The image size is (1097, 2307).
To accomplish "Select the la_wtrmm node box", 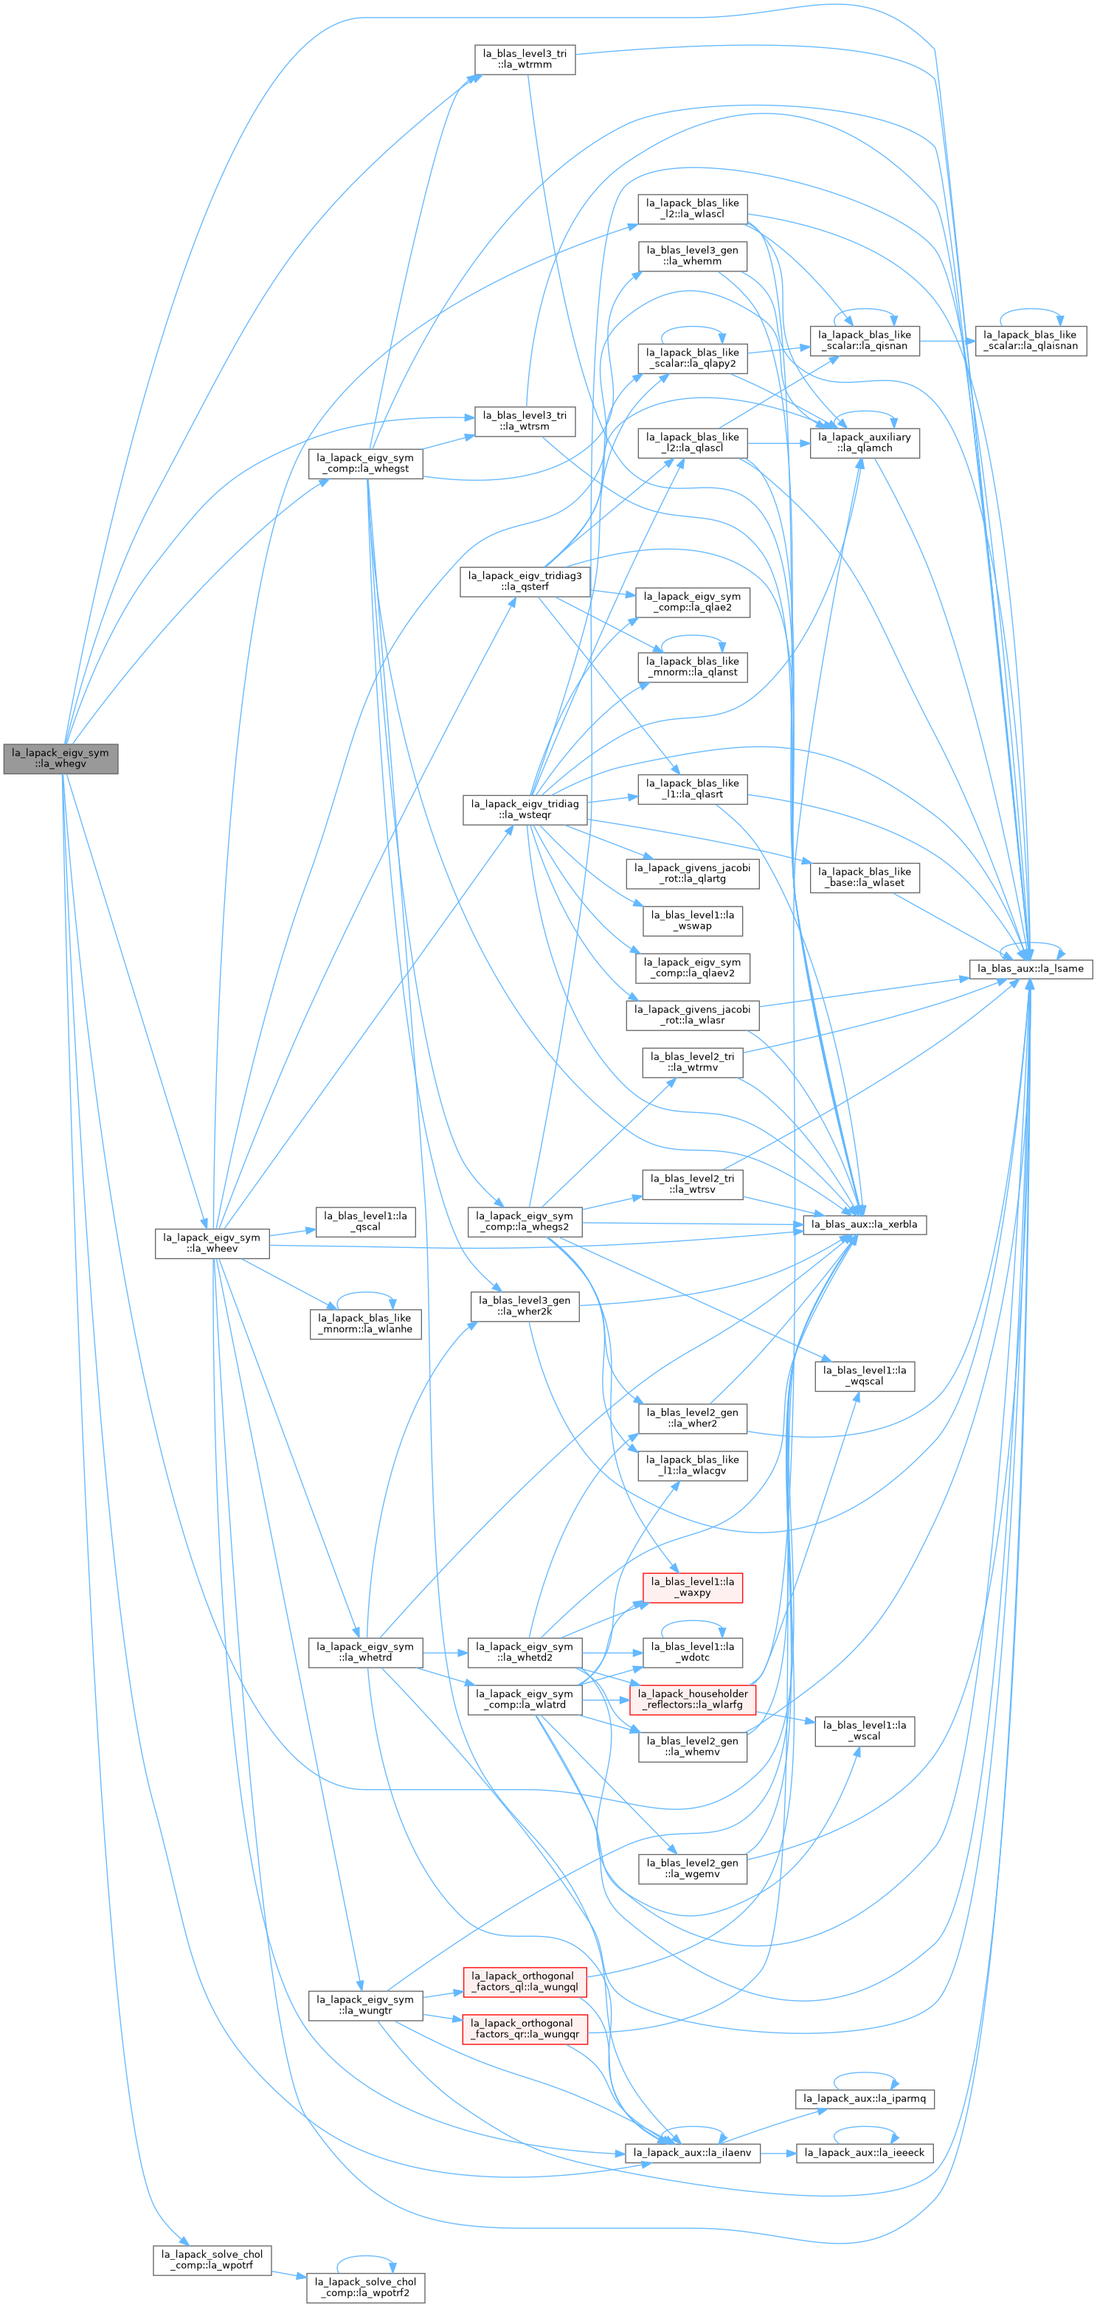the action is [525, 59].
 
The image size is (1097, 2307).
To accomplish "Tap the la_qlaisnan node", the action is [1031, 340].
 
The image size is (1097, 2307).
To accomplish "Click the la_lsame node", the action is [1031, 968].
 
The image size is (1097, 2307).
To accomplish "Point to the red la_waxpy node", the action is [692, 1587].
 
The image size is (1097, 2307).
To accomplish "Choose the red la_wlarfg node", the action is [692, 1699].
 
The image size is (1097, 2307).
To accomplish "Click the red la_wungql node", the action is [525, 1981].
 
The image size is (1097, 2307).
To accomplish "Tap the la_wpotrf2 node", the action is [365, 2287].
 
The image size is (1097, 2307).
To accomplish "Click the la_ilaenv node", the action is [692, 2152].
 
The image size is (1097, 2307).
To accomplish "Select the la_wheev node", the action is [212, 1243].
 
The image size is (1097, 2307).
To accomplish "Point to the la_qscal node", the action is [365, 1221].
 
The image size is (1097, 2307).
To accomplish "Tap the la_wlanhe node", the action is [365, 1324].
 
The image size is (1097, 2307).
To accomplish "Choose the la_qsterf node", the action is [525, 581].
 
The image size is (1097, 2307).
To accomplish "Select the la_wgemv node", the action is [692, 1868].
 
